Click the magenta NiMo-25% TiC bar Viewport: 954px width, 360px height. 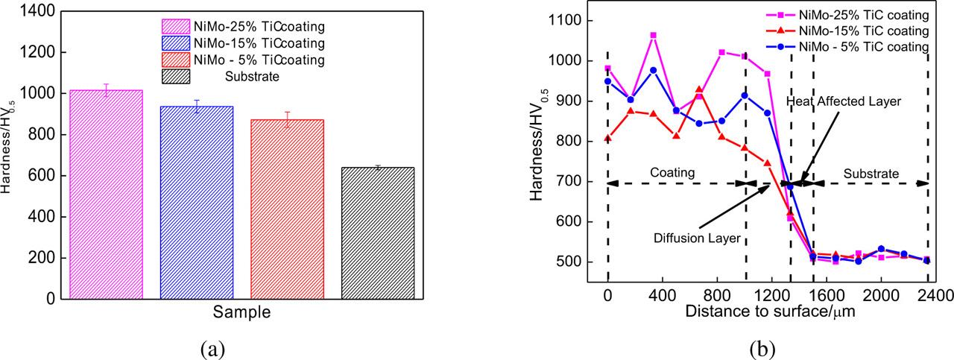(x=106, y=194)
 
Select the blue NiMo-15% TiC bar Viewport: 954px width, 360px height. (x=197, y=202)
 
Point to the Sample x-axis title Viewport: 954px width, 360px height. (x=241, y=312)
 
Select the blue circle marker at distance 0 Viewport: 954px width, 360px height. (x=608, y=81)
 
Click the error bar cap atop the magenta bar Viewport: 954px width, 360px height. (x=106, y=84)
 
